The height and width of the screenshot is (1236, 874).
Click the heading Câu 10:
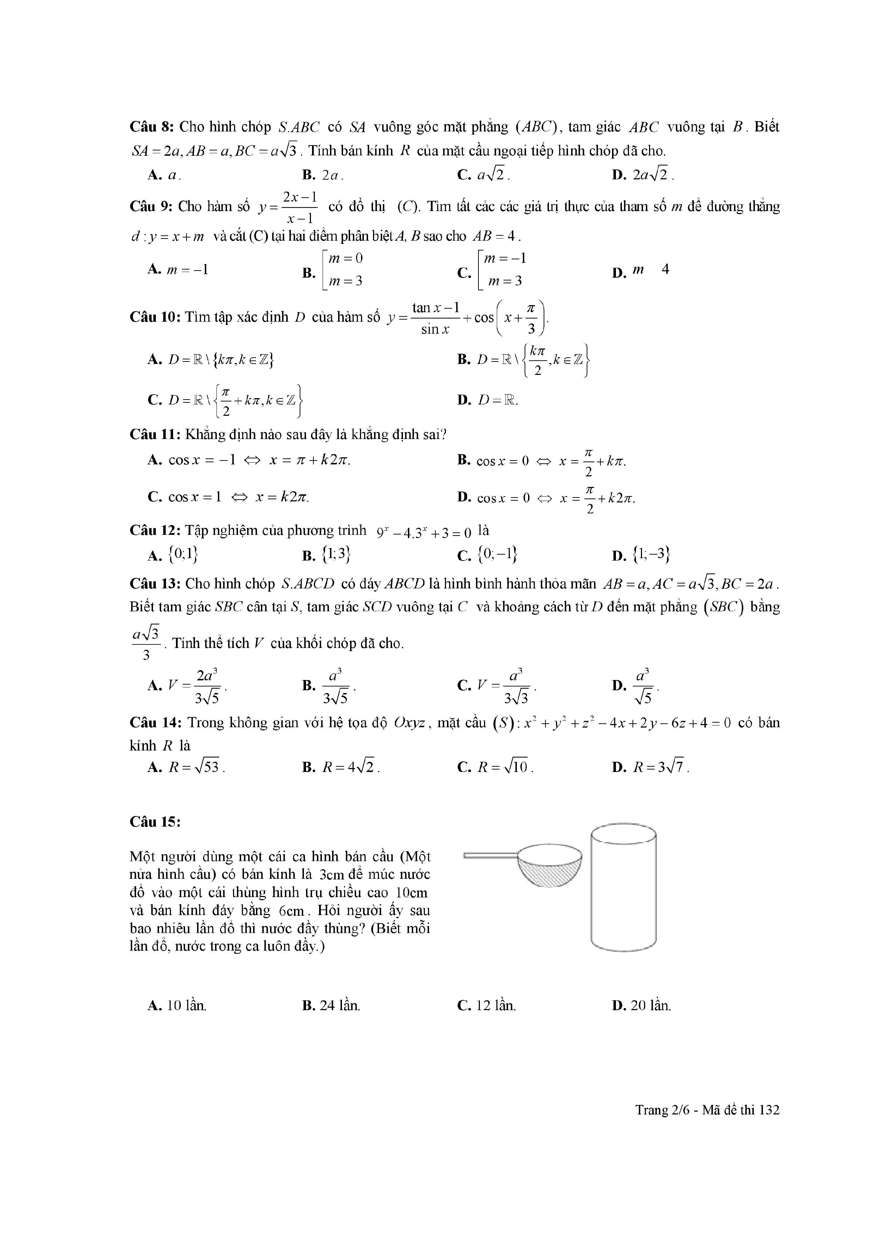[155, 317]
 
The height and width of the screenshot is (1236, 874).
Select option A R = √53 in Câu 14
[186, 767]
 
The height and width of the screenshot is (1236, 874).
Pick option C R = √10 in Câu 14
[495, 767]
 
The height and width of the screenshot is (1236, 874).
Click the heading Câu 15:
[155, 822]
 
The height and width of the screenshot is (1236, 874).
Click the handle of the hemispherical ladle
[490, 855]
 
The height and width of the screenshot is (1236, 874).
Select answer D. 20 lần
[642, 1006]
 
